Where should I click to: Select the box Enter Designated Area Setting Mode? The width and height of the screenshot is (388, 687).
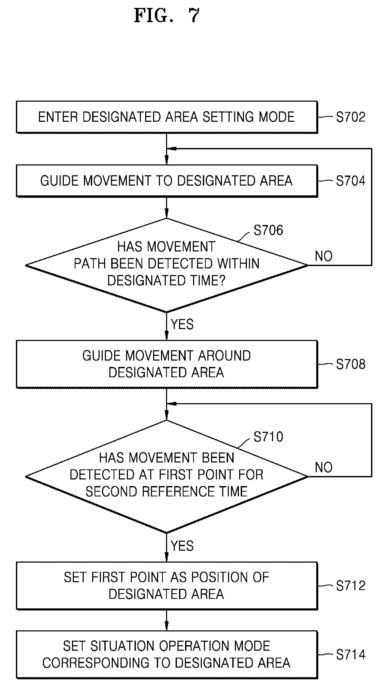167,117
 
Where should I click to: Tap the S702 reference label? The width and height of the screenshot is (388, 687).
350,117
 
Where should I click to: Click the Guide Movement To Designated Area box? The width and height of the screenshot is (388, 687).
167,181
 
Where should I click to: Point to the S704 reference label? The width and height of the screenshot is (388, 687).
350,181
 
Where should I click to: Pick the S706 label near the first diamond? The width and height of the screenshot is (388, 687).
268,230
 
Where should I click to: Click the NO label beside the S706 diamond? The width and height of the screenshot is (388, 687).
324,256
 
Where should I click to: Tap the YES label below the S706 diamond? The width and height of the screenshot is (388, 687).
182,324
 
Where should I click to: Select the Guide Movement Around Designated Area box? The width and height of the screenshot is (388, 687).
167,364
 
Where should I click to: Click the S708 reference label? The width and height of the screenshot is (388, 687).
350,364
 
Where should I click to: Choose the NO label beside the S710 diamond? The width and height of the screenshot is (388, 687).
324,467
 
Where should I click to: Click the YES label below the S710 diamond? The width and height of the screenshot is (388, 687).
182,546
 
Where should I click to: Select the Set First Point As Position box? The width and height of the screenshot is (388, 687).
167,586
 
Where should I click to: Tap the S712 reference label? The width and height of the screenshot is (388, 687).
350,586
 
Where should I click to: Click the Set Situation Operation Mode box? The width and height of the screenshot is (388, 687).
167,654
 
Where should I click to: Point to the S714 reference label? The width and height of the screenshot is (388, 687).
350,654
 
